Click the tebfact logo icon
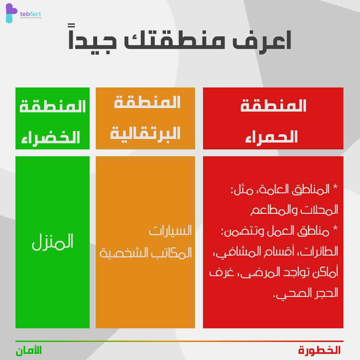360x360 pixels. pyautogui.click(x=11, y=13)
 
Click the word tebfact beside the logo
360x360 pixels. pyautogui.click(x=31, y=14)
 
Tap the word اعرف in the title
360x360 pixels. pyautogui.click(x=262, y=41)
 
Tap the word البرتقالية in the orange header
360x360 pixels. pyautogui.click(x=145, y=134)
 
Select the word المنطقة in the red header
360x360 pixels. pyautogui.click(x=273, y=105)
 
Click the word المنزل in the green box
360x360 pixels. pyautogui.click(x=53, y=242)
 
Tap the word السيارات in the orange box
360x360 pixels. pyautogui.click(x=170, y=230)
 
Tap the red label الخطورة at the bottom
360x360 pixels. pyautogui.click(x=319, y=350)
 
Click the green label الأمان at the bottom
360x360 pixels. pyautogui.click(x=29, y=351)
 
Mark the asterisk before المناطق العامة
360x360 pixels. pyautogui.click(x=335, y=186)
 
